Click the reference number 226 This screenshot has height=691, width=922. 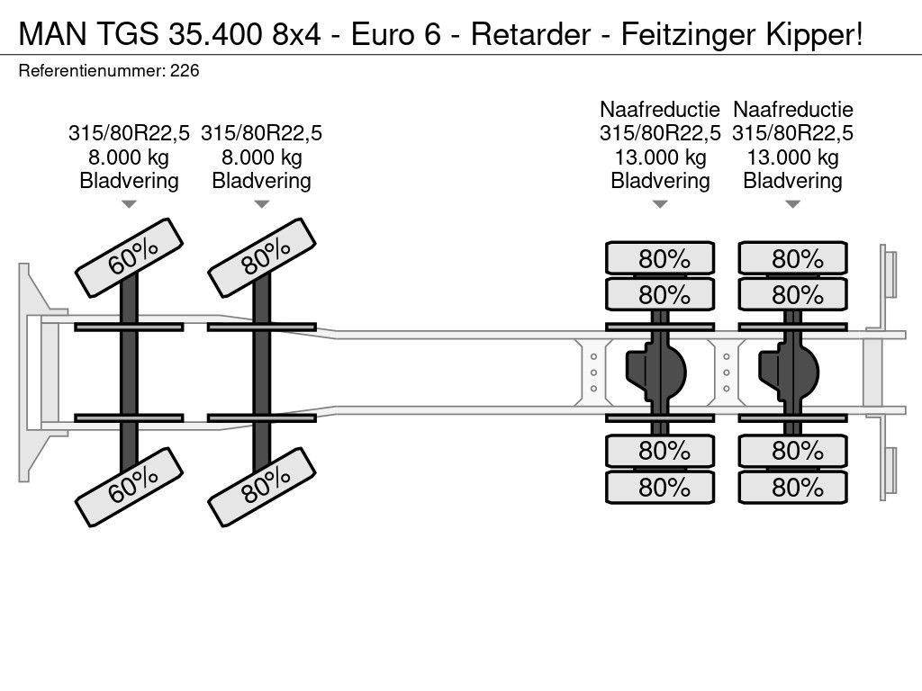click(x=185, y=71)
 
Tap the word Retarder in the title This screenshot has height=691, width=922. click(x=530, y=34)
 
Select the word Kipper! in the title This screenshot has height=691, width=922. click(x=814, y=34)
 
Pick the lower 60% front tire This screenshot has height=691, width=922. click(x=130, y=487)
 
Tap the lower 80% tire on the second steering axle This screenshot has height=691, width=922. click(x=262, y=487)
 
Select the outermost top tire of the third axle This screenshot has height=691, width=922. click(x=660, y=258)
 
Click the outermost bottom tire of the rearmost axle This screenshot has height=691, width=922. click(x=792, y=487)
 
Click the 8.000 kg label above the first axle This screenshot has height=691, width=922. click(x=129, y=157)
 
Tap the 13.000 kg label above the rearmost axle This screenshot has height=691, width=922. click(x=792, y=157)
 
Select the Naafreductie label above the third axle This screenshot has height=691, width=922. click(x=660, y=109)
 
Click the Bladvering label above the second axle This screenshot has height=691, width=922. click(x=262, y=181)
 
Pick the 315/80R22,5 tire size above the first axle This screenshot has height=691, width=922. click(x=129, y=133)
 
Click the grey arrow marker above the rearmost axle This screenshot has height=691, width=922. click(x=792, y=204)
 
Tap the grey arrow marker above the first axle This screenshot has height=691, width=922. click(x=129, y=204)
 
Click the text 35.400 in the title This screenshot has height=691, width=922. click(x=214, y=34)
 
